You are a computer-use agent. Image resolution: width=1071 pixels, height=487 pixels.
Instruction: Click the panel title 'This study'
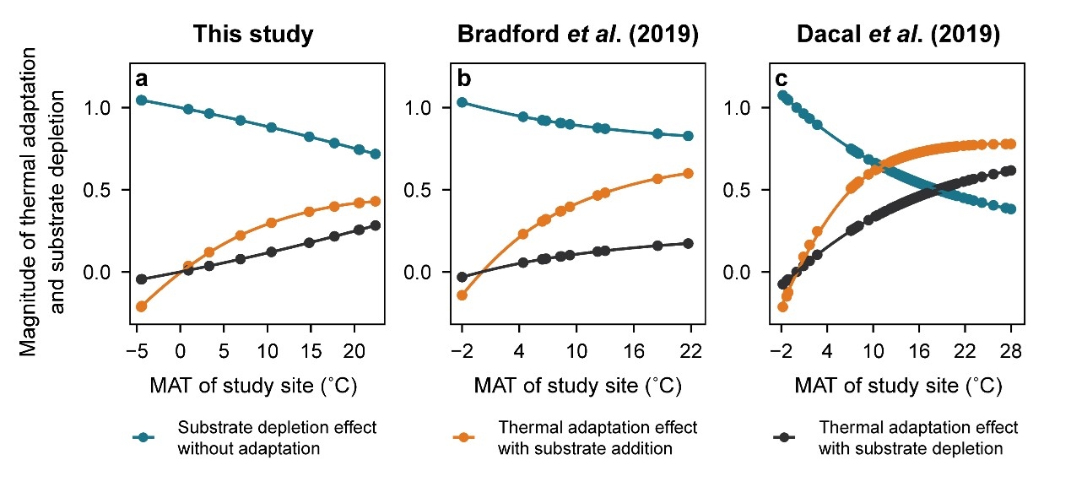pyautogui.click(x=253, y=35)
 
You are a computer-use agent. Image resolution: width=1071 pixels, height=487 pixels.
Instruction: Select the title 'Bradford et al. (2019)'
pyautogui.click(x=578, y=35)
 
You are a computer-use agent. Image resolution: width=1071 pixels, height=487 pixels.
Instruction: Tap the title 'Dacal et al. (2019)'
pyautogui.click(x=900, y=35)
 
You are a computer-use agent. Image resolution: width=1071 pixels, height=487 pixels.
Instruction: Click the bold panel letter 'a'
pyautogui.click(x=142, y=79)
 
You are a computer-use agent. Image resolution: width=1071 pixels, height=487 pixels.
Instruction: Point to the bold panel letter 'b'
pyautogui.click(x=463, y=79)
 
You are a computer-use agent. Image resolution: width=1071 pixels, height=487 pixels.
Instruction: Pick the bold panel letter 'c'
pyautogui.click(x=782, y=79)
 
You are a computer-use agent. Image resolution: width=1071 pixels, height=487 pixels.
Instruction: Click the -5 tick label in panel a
pyautogui.click(x=138, y=349)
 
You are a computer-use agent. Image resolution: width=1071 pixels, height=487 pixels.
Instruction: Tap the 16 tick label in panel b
pyautogui.click(x=634, y=349)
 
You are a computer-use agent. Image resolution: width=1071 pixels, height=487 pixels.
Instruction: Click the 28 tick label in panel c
pyautogui.click(x=1012, y=349)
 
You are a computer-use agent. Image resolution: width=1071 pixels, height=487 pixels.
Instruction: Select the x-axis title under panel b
pyautogui.click(x=577, y=387)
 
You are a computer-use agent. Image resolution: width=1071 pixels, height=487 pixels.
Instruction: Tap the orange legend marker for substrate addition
pyautogui.click(x=463, y=437)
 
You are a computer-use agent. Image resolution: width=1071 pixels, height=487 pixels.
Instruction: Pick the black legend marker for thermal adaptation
pyautogui.click(x=784, y=437)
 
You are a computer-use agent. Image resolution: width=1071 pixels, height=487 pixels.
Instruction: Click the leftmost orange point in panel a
pyautogui.click(x=141, y=306)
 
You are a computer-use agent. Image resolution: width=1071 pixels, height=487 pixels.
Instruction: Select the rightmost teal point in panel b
pyautogui.click(x=688, y=136)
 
